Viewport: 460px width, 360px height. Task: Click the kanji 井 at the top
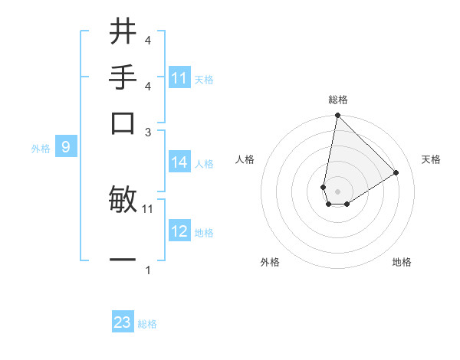pos(123,32)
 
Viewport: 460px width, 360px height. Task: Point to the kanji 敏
pos(123,199)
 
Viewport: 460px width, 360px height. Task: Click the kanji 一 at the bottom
pos(123,260)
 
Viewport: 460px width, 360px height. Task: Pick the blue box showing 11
pos(179,78)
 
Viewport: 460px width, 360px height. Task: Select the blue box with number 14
pos(179,162)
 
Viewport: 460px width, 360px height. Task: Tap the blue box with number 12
pos(179,231)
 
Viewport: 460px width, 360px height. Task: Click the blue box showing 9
pos(66,147)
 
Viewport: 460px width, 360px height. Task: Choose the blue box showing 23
pos(123,322)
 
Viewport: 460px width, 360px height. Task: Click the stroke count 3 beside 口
pos(147,132)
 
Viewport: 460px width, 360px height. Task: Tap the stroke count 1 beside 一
pos(147,270)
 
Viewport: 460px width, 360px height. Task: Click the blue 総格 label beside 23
pos(147,324)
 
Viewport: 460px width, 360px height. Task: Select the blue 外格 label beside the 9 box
pos(40,149)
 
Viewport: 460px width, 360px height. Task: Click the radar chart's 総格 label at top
pos(338,100)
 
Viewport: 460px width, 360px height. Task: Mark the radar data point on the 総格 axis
pos(337,116)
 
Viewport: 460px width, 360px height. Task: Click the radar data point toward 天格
pos(396,172)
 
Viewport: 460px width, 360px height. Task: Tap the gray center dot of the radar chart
pos(337,191)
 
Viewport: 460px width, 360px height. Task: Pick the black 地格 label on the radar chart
pos(402,262)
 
